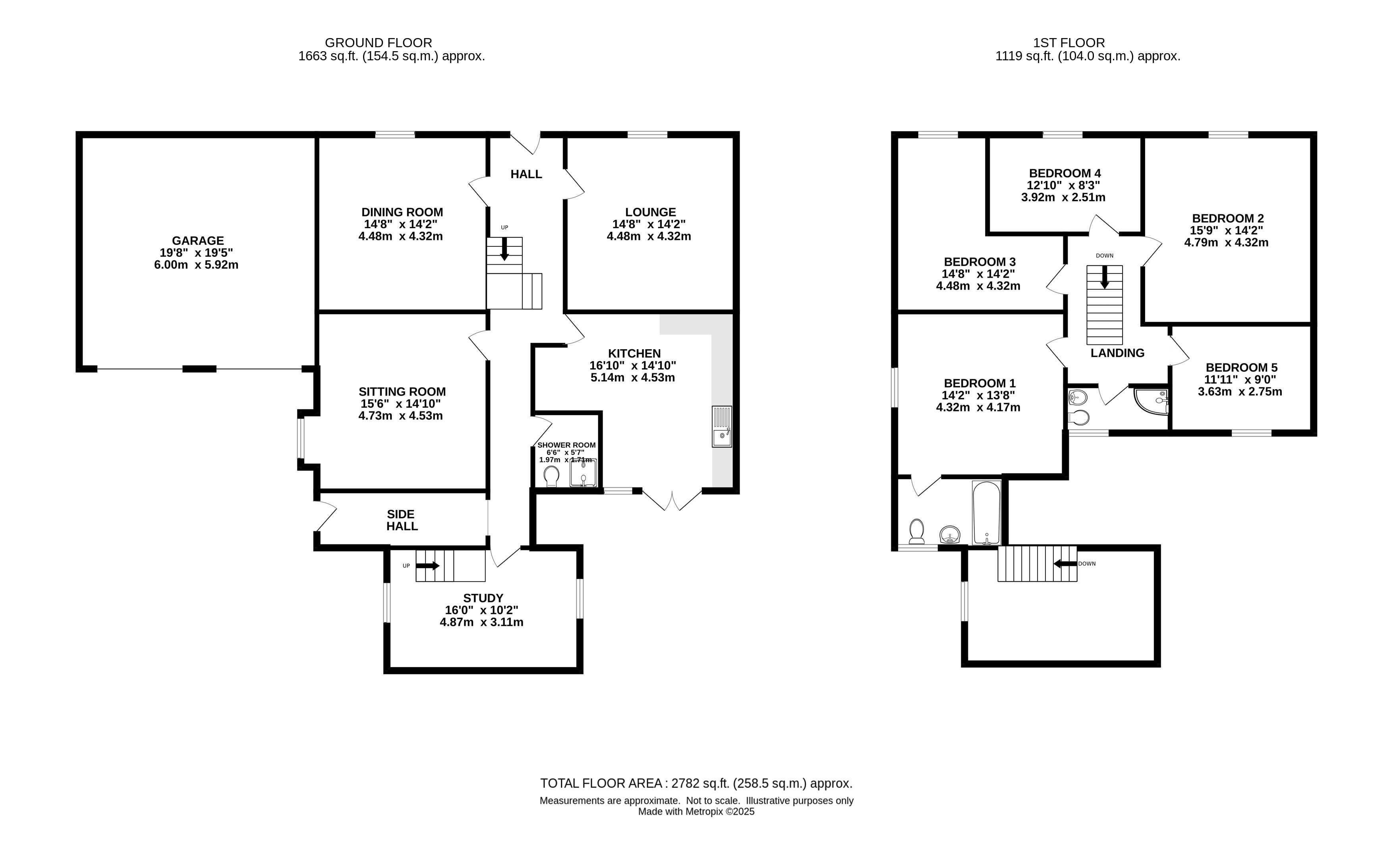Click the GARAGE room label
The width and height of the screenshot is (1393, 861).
(x=198, y=241)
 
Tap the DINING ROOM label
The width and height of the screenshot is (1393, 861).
(x=402, y=212)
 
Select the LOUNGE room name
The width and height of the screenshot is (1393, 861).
(x=650, y=212)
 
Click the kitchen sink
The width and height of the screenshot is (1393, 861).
(x=722, y=427)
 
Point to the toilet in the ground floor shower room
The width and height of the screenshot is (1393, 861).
(x=551, y=477)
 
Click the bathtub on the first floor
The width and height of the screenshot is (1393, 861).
(x=987, y=513)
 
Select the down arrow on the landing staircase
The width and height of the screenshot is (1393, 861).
(x=1105, y=277)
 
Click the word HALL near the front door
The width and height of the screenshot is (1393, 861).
(x=526, y=174)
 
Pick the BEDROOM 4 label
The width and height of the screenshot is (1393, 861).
(x=1065, y=173)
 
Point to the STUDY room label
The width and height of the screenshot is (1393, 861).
(x=483, y=598)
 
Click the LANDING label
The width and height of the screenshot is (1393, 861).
(x=1117, y=353)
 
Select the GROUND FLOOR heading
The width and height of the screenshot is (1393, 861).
(x=379, y=43)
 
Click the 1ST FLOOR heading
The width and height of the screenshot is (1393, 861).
(x=1069, y=43)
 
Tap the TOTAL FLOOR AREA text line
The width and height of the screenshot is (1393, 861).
(x=696, y=784)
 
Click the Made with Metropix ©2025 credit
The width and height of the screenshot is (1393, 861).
(x=696, y=812)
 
